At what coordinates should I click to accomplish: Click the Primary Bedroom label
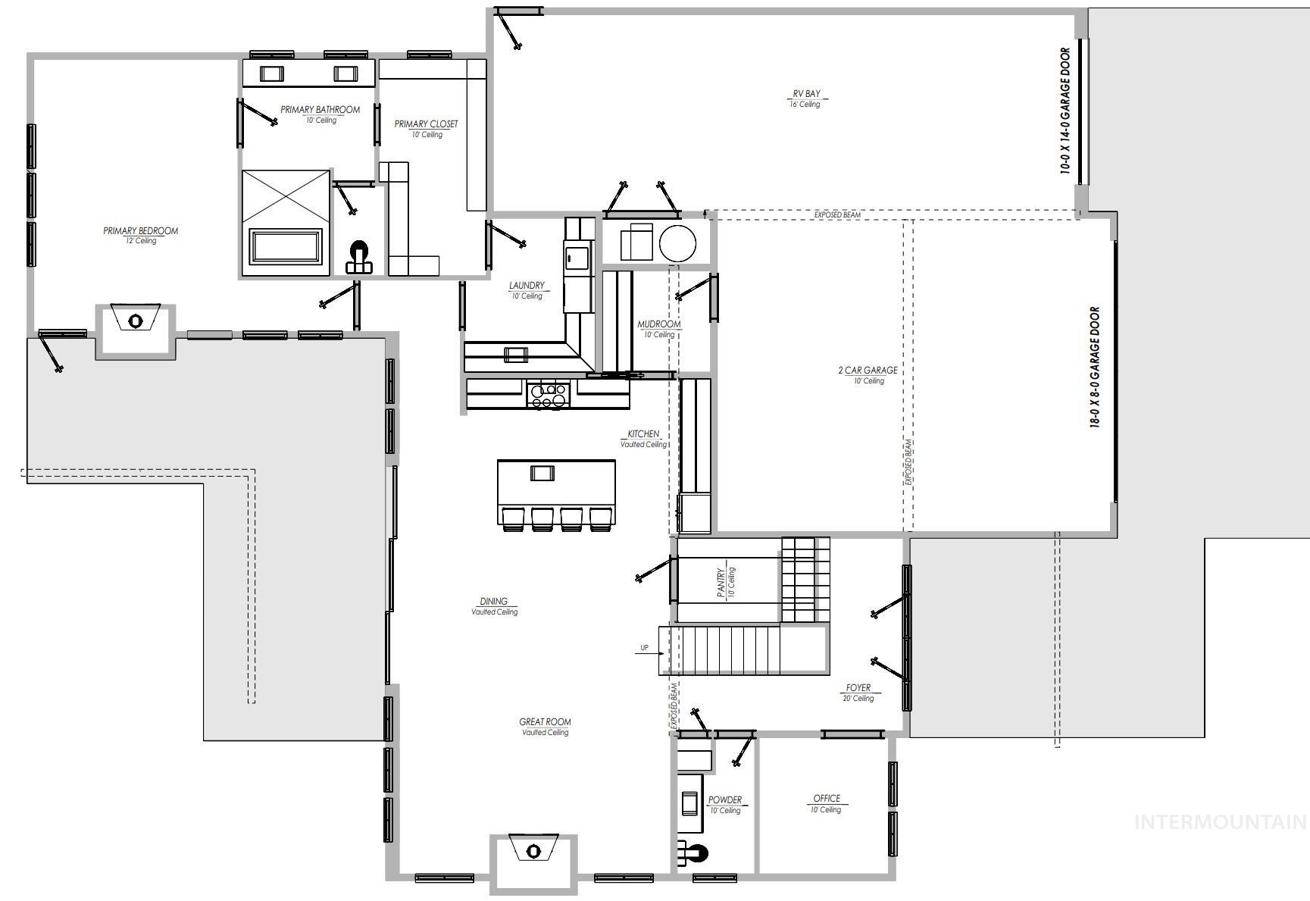141,231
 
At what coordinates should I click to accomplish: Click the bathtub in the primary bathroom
287,247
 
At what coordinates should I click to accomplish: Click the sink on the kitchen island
542,473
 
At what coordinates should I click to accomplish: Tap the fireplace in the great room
533,850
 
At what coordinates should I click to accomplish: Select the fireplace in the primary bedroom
135,320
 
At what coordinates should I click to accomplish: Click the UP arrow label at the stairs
645,648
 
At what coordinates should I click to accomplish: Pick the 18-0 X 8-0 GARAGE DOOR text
1095,368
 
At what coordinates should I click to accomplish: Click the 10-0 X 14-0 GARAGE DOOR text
1065,111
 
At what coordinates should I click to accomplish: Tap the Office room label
827,798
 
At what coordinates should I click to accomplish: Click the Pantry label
721,583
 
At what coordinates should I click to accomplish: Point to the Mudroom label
658,324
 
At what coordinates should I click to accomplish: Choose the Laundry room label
527,286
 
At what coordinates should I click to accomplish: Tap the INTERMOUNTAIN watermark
1220,822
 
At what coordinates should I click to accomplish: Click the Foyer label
858,688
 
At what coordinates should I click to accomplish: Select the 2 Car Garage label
868,371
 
